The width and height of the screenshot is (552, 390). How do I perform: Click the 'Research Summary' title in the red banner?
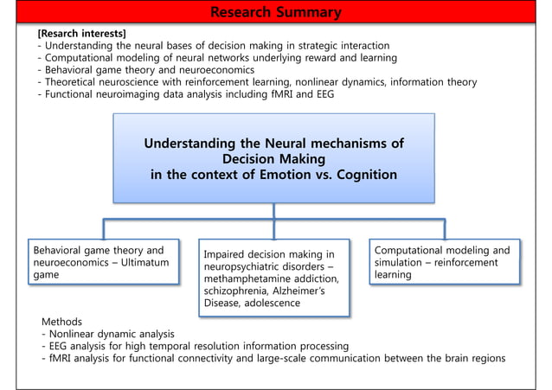click(275, 12)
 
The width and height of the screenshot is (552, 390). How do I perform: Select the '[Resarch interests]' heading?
click(81, 34)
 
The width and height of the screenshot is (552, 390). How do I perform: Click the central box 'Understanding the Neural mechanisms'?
click(273, 158)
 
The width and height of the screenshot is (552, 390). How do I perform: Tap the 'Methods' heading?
click(62, 322)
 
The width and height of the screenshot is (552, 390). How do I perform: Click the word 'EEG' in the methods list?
click(60, 346)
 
